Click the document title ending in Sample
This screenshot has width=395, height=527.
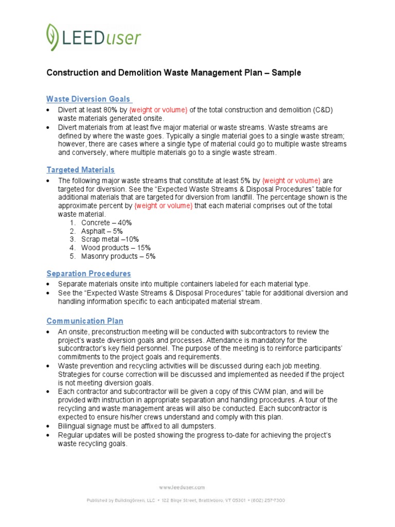pyautogui.click(x=174, y=73)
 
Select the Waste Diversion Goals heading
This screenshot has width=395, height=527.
pyautogui.click(x=88, y=99)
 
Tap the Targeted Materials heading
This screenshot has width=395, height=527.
pyautogui.click(x=81, y=170)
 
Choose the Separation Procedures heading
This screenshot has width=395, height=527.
pyautogui.click(x=88, y=273)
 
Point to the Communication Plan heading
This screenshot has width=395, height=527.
pyautogui.click(x=85, y=321)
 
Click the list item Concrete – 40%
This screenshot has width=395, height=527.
pyautogui.click(x=106, y=223)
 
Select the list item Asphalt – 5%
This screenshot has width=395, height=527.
pyautogui.click(x=102, y=231)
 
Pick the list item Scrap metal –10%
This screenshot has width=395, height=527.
pyautogui.click(x=110, y=239)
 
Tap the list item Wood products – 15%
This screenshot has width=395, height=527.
pyautogui.click(x=116, y=248)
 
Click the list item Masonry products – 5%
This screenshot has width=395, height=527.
pyautogui.click(x=118, y=256)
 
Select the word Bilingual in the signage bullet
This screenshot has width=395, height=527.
pyautogui.click(x=72, y=426)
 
